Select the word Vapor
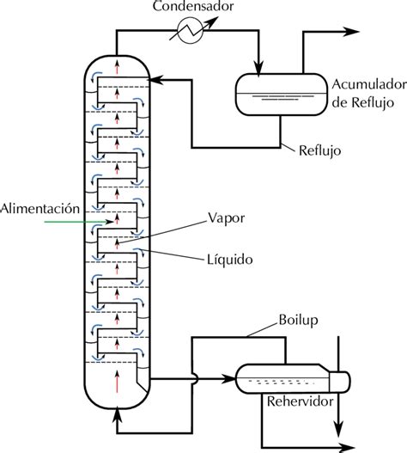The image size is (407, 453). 227,218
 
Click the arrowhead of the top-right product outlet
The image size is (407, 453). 351,30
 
